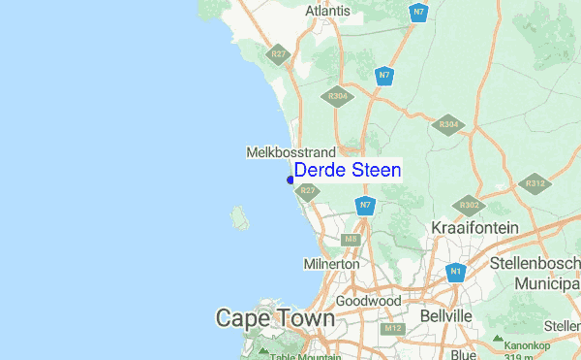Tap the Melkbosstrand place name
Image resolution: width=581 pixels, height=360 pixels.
click(x=290, y=152)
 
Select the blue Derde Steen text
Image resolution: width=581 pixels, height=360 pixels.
click(x=347, y=170)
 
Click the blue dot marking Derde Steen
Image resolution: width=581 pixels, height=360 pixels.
click(x=290, y=179)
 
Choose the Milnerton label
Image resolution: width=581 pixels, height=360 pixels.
click(x=331, y=264)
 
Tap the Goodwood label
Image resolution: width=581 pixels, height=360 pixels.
click(x=368, y=302)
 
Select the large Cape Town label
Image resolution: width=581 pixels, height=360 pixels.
click(x=275, y=318)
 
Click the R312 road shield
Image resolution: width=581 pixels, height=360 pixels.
click(x=535, y=183)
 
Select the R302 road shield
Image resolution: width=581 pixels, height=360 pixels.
click(x=470, y=205)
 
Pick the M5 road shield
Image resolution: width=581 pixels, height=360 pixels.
click(x=351, y=239)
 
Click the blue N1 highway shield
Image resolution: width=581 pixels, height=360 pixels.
click(x=455, y=274)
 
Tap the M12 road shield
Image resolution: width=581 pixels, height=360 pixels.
click(x=391, y=329)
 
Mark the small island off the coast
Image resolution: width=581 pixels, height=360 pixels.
click(x=237, y=214)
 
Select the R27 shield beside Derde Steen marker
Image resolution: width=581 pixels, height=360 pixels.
click(x=307, y=192)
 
